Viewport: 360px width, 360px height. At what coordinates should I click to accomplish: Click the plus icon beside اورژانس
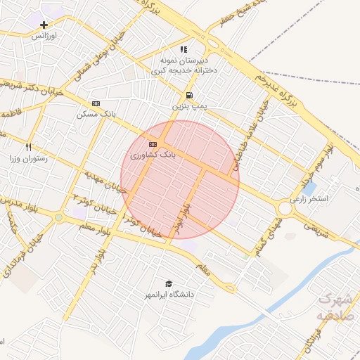click(x=44, y=25)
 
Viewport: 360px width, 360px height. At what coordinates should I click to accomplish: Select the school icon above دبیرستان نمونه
click(x=184, y=49)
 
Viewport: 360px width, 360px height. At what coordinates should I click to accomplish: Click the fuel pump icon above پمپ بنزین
click(x=189, y=96)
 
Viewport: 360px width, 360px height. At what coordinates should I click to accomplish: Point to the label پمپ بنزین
click(x=189, y=106)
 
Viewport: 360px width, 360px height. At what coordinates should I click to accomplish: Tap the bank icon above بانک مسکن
click(x=96, y=103)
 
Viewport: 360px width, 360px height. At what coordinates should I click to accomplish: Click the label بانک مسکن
click(x=96, y=113)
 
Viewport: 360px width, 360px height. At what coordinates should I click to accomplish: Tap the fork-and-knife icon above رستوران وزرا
click(x=29, y=148)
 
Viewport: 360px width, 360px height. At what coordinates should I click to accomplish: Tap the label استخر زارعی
click(x=323, y=199)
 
